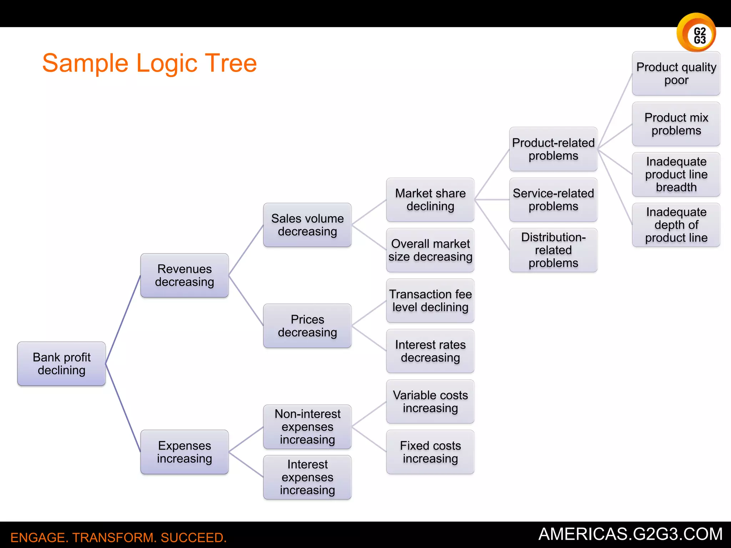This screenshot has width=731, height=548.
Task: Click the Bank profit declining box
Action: (61, 364)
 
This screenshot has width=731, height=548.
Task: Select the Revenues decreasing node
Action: (184, 275)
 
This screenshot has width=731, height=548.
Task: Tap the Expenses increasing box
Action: (184, 452)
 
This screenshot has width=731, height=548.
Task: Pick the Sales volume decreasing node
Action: (307, 225)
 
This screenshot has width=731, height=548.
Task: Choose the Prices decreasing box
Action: (307, 326)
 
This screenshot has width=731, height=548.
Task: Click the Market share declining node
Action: (430, 200)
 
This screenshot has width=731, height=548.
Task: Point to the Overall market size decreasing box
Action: (430, 250)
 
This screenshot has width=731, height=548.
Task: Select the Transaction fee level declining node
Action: (430, 301)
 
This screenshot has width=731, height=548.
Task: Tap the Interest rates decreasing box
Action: (430, 351)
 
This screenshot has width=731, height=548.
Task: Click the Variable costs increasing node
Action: (430, 402)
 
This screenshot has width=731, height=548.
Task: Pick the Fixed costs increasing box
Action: (430, 452)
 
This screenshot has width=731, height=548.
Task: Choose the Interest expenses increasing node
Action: (307, 477)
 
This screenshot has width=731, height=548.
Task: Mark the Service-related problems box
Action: (553, 200)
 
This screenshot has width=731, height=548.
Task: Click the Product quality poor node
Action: (676, 73)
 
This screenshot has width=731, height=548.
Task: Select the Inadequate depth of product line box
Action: (676, 225)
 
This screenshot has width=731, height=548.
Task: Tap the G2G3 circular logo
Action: (696, 33)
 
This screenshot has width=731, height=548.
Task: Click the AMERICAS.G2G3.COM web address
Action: (630, 534)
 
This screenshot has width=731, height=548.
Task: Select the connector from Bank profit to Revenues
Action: (123, 320)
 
